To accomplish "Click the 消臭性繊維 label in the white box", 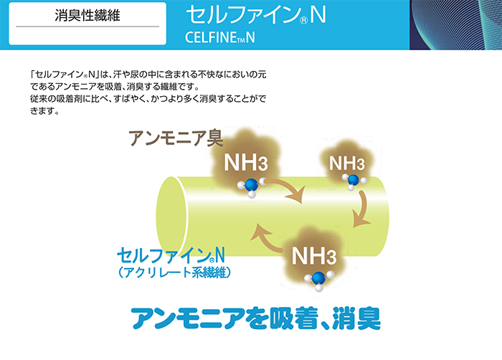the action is click(x=87, y=15).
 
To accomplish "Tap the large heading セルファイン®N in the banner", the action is click(x=256, y=14).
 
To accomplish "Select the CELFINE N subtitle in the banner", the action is click(x=220, y=38).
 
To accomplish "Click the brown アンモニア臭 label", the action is click(x=176, y=138).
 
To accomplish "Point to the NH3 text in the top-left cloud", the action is click(x=245, y=162).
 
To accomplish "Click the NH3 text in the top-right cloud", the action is click(x=346, y=163).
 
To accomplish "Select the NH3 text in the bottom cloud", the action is click(x=314, y=255).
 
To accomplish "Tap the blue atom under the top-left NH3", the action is click(x=251, y=185).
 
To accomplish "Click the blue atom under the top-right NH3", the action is click(x=354, y=180).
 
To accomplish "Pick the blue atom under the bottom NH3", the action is click(x=318, y=278).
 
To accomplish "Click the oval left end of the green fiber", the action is click(x=172, y=217).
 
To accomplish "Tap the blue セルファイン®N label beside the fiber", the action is click(x=171, y=255).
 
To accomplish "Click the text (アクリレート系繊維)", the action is click(x=174, y=273).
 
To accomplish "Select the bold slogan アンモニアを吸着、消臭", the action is click(x=256, y=318).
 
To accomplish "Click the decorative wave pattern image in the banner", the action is click(x=455, y=25).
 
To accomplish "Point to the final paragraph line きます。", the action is click(x=44, y=111).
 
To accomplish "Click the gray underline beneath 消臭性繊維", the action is click(x=87, y=27).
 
